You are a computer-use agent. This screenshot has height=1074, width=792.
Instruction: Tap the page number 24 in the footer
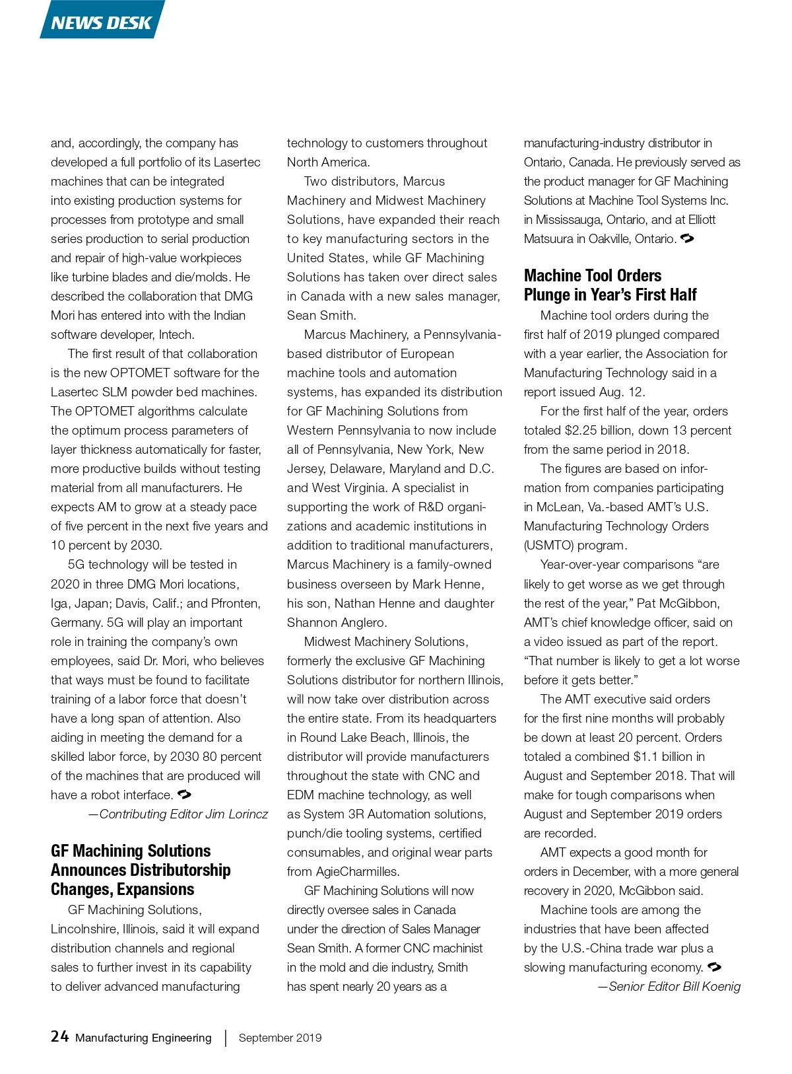(x=59, y=1036)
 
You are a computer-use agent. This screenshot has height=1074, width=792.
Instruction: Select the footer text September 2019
(x=280, y=1038)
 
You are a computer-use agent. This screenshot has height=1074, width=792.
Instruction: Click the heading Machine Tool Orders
(x=592, y=275)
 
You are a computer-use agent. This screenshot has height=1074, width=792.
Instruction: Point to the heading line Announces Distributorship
(x=141, y=870)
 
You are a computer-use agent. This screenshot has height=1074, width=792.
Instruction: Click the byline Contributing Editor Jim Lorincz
(x=178, y=814)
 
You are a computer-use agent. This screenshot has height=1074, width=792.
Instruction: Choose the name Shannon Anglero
(x=337, y=622)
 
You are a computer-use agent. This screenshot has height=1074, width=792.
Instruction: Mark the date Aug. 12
(x=621, y=392)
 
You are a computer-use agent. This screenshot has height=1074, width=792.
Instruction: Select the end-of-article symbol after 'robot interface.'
(x=185, y=795)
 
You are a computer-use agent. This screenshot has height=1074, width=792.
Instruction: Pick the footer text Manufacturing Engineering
(x=143, y=1038)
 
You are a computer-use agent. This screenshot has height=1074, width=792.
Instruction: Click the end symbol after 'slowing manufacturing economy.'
(x=714, y=967)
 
